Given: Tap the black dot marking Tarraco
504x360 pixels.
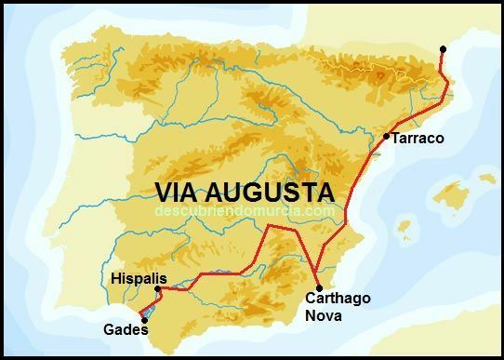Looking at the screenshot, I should click(x=386, y=137).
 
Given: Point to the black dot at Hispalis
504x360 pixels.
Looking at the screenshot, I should click(x=158, y=288).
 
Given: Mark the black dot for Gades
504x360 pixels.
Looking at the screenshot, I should click(x=144, y=320).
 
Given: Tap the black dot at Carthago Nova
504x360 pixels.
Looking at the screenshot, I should click(x=318, y=287).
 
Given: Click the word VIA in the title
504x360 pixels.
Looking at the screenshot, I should click(x=176, y=193).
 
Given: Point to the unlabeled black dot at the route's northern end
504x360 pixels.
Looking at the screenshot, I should click(x=444, y=48).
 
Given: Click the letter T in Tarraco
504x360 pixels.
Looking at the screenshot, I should click(x=396, y=139).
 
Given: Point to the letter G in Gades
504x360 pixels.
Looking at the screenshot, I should click(x=107, y=329).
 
